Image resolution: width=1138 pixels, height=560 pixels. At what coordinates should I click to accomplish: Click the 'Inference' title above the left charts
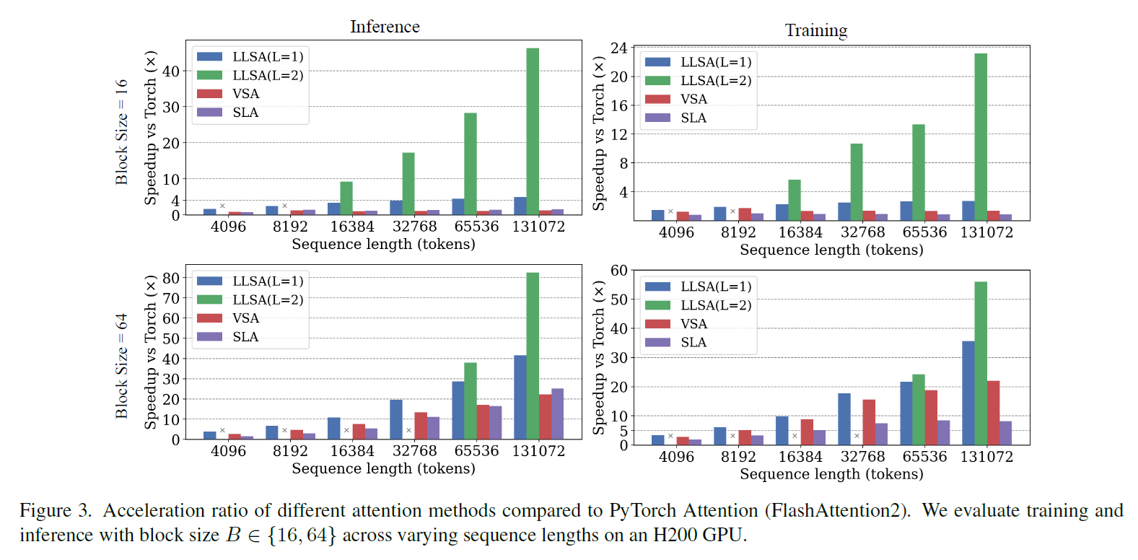pos(385,27)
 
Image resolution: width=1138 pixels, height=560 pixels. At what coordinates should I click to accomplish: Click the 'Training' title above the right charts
pos(816,30)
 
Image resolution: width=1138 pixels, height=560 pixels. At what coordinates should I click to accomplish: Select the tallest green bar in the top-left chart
pos(533,131)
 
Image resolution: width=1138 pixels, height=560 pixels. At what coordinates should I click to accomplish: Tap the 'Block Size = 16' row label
pos(121,132)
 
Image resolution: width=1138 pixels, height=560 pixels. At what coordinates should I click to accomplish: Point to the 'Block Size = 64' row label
pos(121,366)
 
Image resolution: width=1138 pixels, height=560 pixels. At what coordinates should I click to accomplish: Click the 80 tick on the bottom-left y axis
pos(171,278)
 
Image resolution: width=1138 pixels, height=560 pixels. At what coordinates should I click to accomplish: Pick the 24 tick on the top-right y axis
pos(619,48)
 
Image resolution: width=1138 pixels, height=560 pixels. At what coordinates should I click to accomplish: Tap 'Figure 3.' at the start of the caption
pos(56,510)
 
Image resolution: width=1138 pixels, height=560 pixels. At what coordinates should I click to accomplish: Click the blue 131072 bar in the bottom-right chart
pos(968,393)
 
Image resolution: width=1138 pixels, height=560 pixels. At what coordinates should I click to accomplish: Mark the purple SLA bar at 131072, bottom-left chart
pos(558,414)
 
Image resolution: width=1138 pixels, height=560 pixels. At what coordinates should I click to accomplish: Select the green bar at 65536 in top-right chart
pos(919,172)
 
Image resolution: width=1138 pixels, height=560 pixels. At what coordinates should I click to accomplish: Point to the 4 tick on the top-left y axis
pos(175,201)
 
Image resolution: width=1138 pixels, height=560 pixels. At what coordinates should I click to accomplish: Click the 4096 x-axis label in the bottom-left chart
pos(228,451)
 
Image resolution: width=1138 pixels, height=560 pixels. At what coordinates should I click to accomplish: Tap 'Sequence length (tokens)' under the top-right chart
pos(831,250)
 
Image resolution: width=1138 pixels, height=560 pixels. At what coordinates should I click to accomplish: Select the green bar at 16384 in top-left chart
pos(346,198)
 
